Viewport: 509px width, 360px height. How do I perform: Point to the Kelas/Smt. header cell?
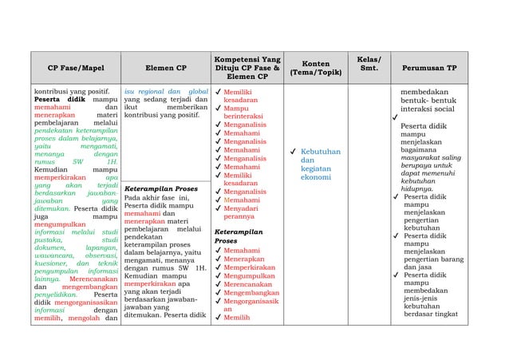coord(369,63)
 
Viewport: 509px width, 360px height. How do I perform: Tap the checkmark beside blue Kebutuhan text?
coord(295,151)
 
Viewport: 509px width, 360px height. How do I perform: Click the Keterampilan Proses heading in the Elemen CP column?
coord(160,189)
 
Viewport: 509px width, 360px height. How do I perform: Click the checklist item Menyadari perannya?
coord(240,212)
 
